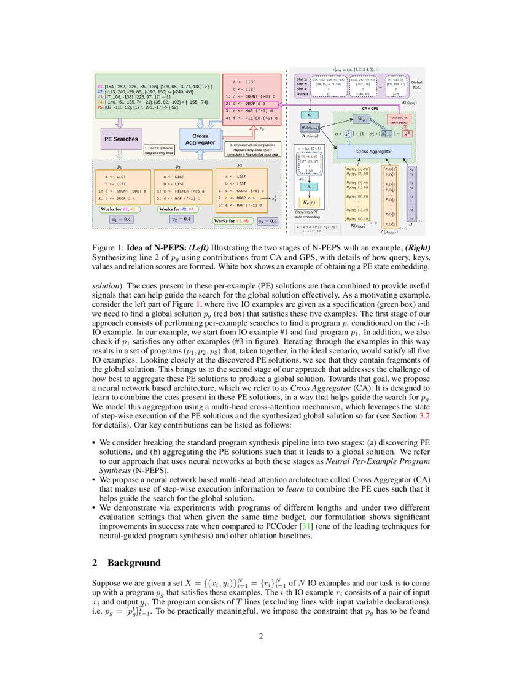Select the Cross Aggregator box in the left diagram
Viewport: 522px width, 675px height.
(x=200, y=139)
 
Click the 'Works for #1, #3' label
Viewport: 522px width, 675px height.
(x=120, y=209)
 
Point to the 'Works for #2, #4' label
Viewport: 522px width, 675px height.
(x=178, y=209)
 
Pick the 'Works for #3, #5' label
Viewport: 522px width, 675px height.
(x=234, y=220)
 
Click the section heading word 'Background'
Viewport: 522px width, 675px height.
(x=134, y=563)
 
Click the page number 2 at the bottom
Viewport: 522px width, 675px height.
(x=261, y=636)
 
